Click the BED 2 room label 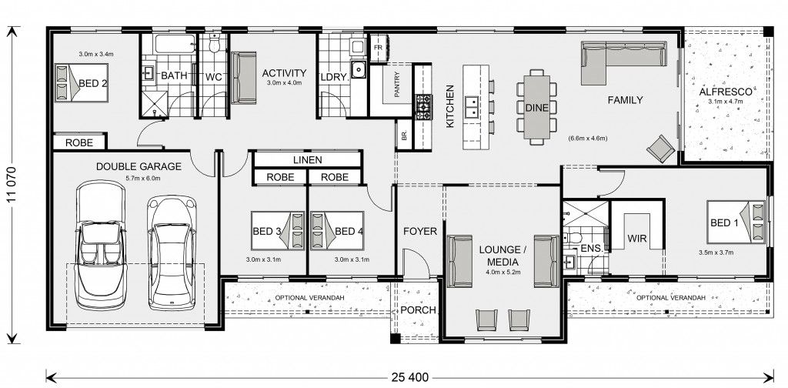(93, 83)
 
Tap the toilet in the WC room (215, 44)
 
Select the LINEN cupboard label (307, 160)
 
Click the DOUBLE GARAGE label (139, 166)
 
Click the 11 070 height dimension (12, 185)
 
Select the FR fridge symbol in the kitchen (379, 47)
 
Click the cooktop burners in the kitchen (422, 106)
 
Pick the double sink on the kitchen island (472, 106)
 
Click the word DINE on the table (536, 107)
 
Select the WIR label (636, 238)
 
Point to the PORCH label (418, 310)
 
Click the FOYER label (420, 231)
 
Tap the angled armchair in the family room (661, 149)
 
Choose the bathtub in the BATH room (175, 44)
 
